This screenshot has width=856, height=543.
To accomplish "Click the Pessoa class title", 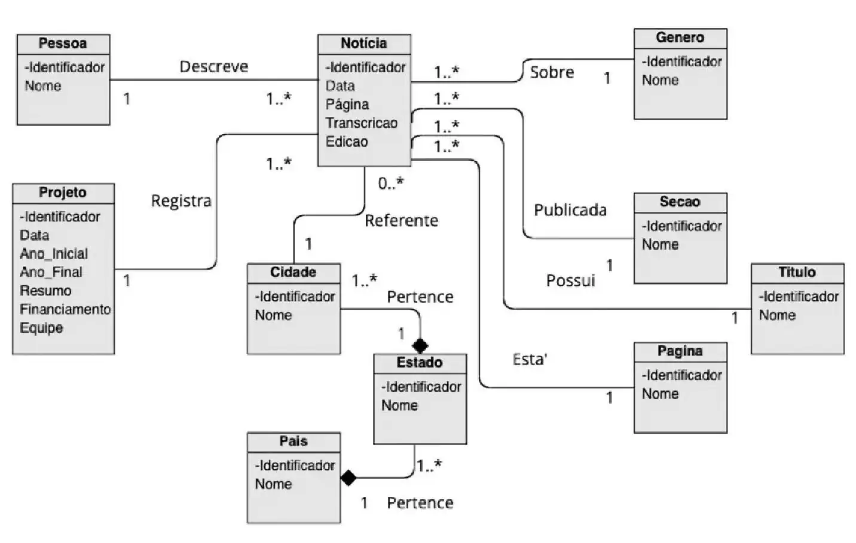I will click(63, 44).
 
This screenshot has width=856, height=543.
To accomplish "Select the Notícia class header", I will click(363, 44).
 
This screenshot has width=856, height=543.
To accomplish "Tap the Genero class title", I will click(680, 38).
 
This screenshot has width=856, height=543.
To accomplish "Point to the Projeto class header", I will click(63, 193).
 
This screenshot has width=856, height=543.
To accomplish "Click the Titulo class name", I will click(797, 272).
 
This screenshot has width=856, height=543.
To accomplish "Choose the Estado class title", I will click(420, 363).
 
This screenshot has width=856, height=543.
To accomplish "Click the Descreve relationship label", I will click(214, 67).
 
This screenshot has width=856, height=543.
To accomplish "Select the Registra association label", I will click(181, 201).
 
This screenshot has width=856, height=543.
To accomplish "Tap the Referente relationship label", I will click(402, 221).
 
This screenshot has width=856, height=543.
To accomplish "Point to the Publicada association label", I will click(570, 210).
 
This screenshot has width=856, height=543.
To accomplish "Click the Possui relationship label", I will click(571, 281).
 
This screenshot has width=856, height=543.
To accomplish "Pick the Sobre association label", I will click(552, 72).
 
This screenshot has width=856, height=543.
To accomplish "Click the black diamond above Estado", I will click(420, 345).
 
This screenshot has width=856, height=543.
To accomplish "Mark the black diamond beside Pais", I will click(348, 478).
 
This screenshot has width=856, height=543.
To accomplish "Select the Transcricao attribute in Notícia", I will click(361, 123).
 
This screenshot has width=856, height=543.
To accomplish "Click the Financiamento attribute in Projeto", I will click(65, 309).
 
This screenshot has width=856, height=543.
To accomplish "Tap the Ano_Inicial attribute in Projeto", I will click(54, 254).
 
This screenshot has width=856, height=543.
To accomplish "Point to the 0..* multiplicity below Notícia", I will click(391, 184).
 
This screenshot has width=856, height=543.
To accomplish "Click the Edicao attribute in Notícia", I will click(347, 142).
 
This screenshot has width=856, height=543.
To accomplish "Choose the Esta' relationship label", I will click(530, 360).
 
